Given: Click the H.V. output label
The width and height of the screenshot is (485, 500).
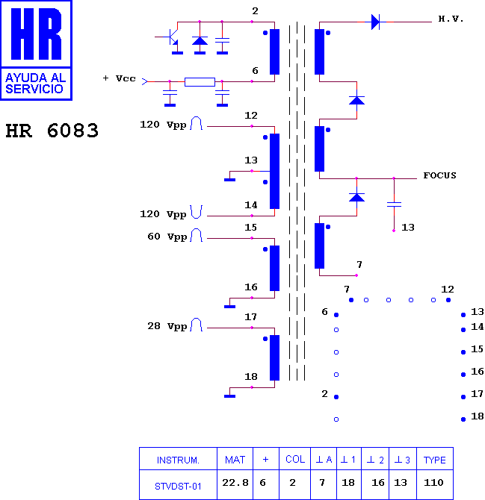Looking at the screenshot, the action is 451,19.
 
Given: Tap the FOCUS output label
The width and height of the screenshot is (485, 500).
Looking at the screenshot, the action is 439,175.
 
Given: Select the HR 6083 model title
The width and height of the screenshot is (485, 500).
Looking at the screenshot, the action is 52,131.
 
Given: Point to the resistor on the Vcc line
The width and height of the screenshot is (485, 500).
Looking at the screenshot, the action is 200,82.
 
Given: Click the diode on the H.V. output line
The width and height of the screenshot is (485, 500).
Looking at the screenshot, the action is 375,22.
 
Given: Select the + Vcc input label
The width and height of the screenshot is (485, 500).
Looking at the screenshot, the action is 119,78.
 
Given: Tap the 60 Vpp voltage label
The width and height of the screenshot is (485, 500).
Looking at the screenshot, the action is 167,237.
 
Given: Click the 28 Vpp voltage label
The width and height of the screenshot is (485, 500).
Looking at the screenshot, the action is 167,326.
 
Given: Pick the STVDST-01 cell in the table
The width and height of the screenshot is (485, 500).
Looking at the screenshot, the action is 178,487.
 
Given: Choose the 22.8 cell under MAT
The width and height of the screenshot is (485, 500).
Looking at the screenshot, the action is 235,483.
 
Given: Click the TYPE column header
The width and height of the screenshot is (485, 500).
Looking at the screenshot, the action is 434,460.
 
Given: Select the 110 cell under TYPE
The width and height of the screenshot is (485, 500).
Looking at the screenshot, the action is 433,482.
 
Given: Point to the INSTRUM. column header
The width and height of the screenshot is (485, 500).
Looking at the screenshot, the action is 178,460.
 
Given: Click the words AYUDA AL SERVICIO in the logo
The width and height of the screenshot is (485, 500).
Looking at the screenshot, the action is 35,84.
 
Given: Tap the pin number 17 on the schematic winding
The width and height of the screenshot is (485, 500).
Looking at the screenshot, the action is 250,317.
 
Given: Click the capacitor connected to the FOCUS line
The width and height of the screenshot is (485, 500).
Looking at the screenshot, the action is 394,204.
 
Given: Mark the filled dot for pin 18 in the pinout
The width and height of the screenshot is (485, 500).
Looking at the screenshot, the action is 463,419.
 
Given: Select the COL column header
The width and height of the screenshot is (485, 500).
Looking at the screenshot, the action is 295,459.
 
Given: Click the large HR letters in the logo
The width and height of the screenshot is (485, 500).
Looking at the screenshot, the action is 36,34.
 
